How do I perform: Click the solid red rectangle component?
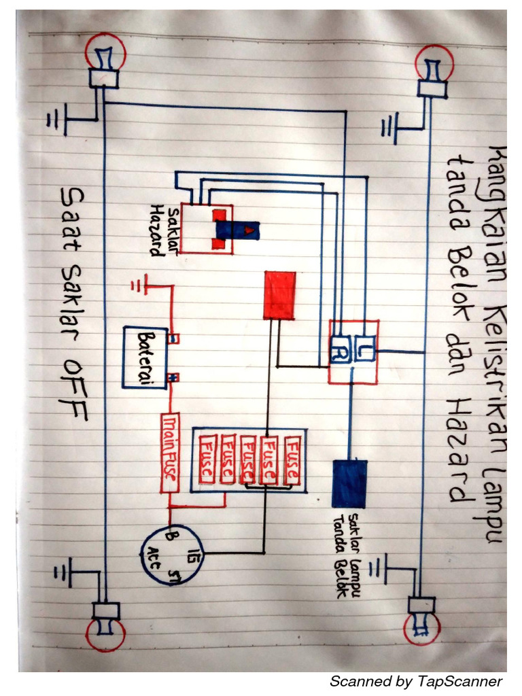pos(279,294)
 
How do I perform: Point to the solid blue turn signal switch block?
pos(349,483)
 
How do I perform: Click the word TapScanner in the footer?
pos(460,681)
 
